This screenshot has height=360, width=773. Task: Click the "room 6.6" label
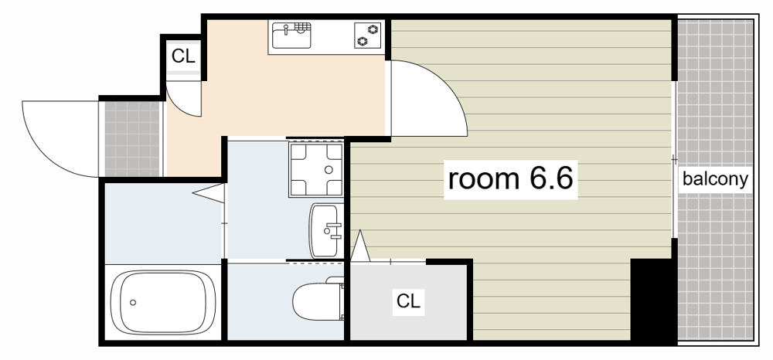510,178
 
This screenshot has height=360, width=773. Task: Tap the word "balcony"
715,179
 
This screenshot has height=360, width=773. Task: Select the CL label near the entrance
183,56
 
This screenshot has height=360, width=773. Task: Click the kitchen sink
291,36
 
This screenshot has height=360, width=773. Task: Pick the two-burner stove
368,36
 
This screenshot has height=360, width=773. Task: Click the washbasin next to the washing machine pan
326,230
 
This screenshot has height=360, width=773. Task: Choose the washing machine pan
316,170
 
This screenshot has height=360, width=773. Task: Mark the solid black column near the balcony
653,301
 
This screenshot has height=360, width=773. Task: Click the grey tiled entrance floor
131,138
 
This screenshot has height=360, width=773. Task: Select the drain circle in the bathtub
132,302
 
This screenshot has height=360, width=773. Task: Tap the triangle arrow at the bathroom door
209,192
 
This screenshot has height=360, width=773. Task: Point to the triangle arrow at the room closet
360,246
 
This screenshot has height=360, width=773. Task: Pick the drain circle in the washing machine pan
329,170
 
